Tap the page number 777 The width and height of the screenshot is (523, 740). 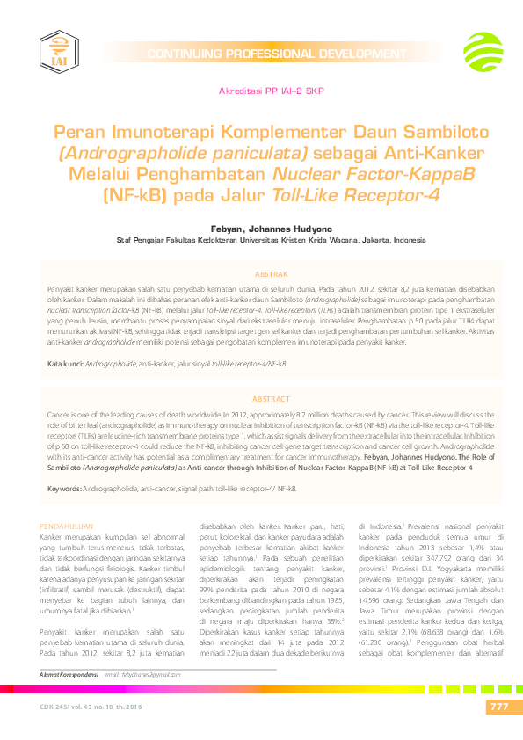[498, 708]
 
